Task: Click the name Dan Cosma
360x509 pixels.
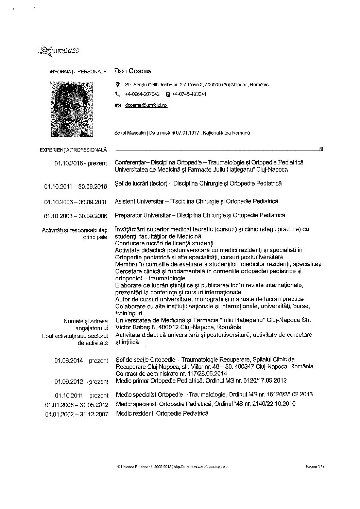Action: (x=133, y=71)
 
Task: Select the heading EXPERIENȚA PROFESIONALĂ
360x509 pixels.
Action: (x=73, y=150)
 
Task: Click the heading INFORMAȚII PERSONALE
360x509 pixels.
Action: (x=78, y=72)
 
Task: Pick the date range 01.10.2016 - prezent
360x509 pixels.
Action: (x=81, y=163)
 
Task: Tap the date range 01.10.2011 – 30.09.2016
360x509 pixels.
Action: (x=75, y=187)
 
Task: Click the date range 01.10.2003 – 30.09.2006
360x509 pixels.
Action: (x=75, y=216)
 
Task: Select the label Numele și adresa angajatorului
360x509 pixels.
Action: (x=86, y=324)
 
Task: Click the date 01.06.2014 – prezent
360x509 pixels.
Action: (x=81, y=361)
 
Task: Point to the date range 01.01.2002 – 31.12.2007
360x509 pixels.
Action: (x=76, y=414)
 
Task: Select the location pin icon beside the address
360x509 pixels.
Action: (x=118, y=85)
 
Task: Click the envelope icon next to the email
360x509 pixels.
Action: (x=118, y=106)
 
